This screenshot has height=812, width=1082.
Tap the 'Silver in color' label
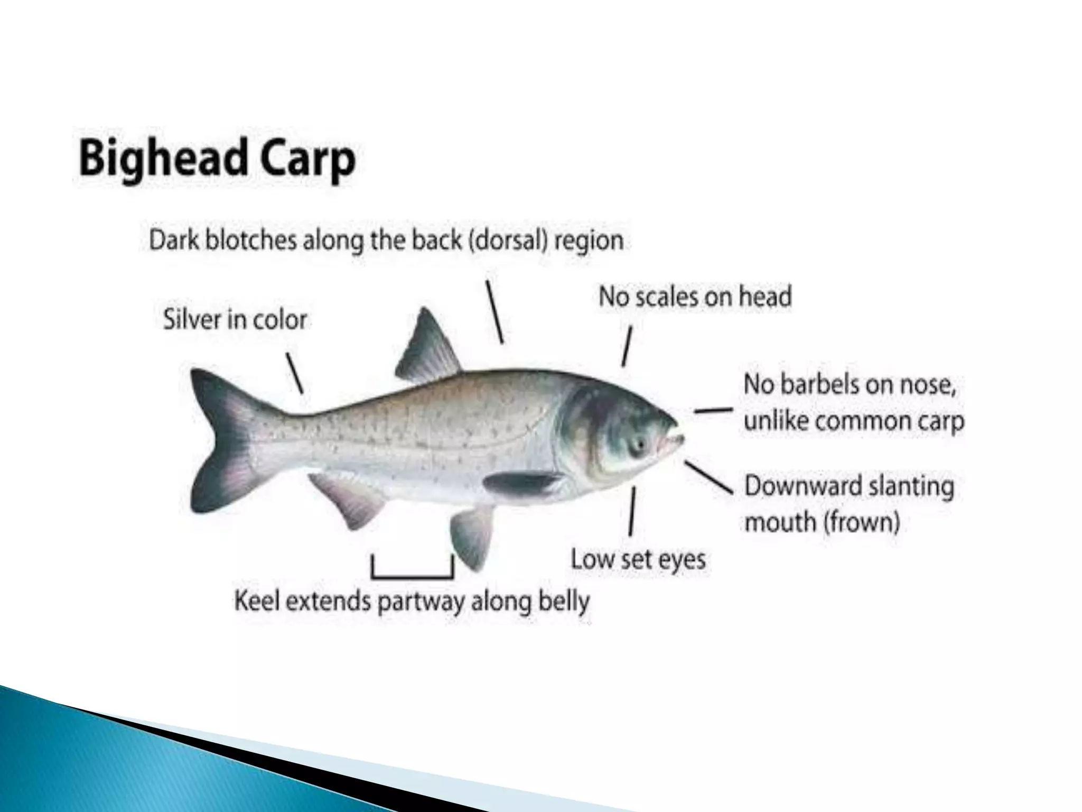click(x=235, y=320)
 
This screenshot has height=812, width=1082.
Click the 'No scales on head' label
click(x=695, y=297)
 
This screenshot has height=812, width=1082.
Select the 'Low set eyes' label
click(x=638, y=559)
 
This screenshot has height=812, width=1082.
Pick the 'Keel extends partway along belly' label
click(x=412, y=602)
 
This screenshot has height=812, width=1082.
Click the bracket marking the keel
click(x=413, y=575)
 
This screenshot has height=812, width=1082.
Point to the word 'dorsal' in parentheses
click(x=507, y=241)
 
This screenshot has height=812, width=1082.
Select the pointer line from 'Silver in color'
click(x=295, y=373)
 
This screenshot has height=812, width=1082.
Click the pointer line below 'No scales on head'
click(x=627, y=346)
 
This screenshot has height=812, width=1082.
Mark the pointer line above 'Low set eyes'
click(x=632, y=511)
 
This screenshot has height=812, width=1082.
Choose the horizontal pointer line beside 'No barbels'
click(x=713, y=410)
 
